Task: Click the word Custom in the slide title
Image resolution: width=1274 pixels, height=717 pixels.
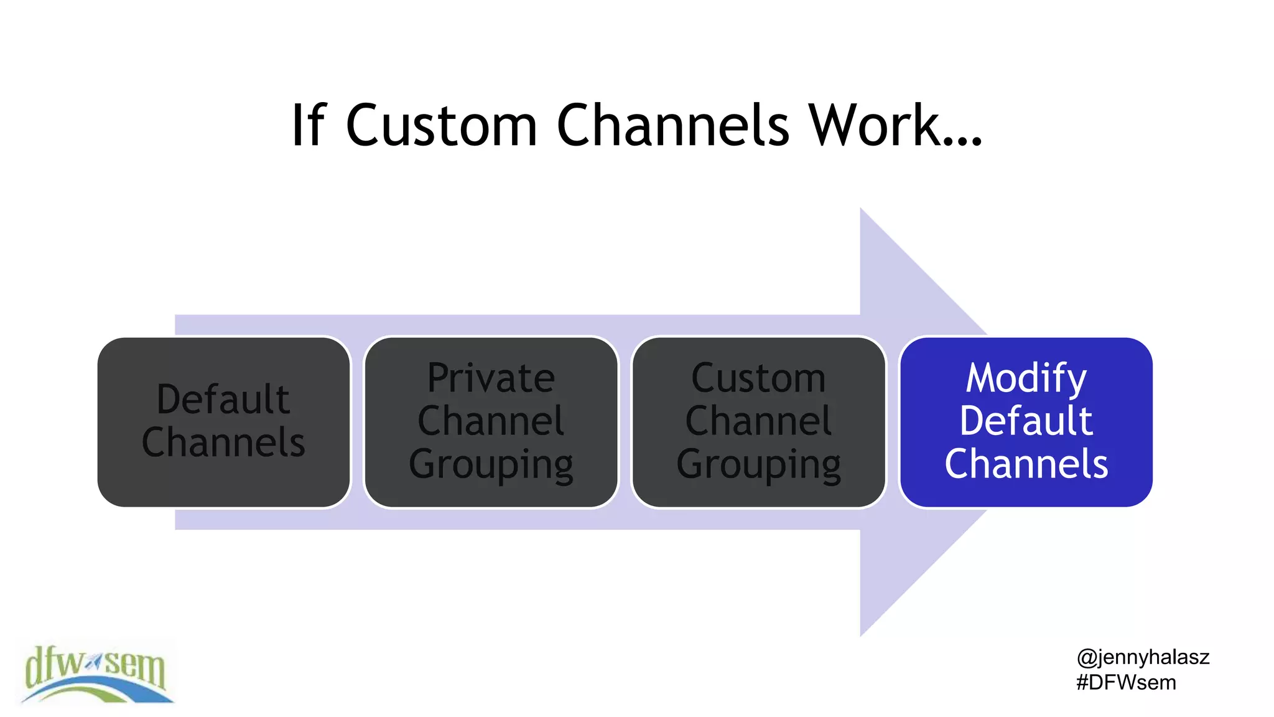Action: pyautogui.click(x=441, y=126)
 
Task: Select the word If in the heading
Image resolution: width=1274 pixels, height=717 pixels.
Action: pyautogui.click(x=309, y=126)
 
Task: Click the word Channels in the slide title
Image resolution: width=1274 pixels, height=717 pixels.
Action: pyautogui.click(x=672, y=126)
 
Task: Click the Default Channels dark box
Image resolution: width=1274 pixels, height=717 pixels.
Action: pyautogui.click(x=223, y=422)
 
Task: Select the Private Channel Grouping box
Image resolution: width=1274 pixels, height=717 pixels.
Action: pyautogui.click(x=491, y=422)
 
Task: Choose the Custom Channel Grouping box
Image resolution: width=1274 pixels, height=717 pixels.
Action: pyautogui.click(x=758, y=422)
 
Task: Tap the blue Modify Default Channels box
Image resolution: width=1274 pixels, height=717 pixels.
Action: pyautogui.click(x=1026, y=422)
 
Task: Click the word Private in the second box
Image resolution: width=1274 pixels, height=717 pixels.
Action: pyautogui.click(x=491, y=378)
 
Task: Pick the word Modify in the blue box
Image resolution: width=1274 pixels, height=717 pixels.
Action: pyautogui.click(x=1026, y=378)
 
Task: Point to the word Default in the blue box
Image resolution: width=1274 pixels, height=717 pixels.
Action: pyautogui.click(x=1026, y=421)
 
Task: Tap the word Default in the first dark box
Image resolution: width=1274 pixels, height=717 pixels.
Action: pyautogui.click(x=223, y=400)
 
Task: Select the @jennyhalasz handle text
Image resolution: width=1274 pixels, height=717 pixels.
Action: pyautogui.click(x=1143, y=657)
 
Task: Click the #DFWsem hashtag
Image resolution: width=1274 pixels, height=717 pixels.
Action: pyautogui.click(x=1126, y=683)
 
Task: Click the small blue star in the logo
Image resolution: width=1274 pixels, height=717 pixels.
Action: pyautogui.click(x=93, y=663)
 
